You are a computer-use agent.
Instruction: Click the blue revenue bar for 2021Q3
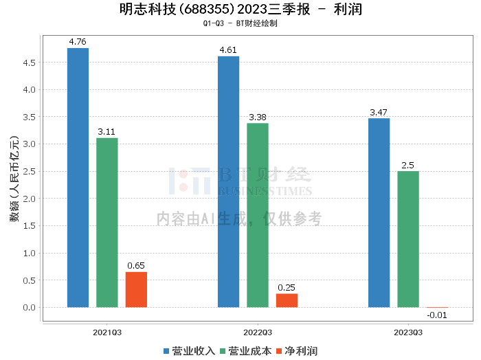tap(78, 177)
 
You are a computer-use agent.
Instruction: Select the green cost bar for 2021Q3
tap(107, 223)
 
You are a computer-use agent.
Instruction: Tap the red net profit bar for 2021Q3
tap(136, 289)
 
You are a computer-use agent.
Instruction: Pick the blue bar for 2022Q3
tap(229, 182)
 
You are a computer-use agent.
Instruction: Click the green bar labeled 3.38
tap(258, 215)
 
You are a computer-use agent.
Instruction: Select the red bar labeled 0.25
tap(287, 300)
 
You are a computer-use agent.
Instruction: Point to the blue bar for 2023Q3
tap(379, 213)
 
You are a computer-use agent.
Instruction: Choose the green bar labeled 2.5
tap(408, 239)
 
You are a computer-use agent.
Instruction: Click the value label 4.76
tap(78, 42)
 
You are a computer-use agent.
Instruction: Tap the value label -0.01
tap(437, 315)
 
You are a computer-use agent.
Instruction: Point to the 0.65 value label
tap(136, 266)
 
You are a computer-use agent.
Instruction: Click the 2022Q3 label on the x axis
tap(258, 333)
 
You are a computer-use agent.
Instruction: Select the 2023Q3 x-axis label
tap(408, 333)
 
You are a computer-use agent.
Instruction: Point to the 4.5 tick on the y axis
tap(29, 63)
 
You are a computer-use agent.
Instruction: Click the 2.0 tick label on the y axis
tap(29, 199)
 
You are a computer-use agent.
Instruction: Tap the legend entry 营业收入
tap(189, 351)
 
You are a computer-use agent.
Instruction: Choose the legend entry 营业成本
tap(246, 351)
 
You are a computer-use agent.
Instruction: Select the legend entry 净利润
tap(297, 351)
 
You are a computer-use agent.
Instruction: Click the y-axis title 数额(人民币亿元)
tap(14, 179)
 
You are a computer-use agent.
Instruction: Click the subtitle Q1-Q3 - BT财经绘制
tap(240, 23)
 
